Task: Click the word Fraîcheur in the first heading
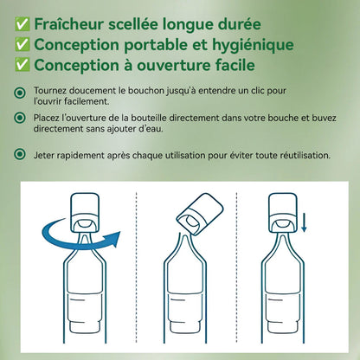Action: pyautogui.click(x=68, y=24)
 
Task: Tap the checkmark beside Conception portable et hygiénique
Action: pyautogui.click(x=22, y=45)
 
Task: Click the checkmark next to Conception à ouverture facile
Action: pyautogui.click(x=22, y=65)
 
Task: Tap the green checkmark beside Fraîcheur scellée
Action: pyautogui.click(x=22, y=24)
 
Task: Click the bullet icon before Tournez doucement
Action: pyautogui.click(x=20, y=93)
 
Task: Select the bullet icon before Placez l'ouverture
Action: pyautogui.click(x=20, y=118)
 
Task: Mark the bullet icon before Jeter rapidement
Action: pyautogui.click(x=20, y=154)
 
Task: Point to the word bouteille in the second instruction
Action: pyautogui.click(x=149, y=118)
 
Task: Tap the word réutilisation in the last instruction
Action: pyautogui.click(x=305, y=156)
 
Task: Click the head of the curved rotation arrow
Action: pyautogui.click(x=113, y=238)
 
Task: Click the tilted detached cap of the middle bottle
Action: pyautogui.click(x=200, y=214)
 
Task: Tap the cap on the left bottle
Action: pyautogui.click(x=85, y=213)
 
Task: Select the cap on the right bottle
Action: pyautogui.click(x=283, y=213)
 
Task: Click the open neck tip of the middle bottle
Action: pyautogui.click(x=185, y=235)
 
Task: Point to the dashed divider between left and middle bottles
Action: pyautogui.click(x=136, y=267)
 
